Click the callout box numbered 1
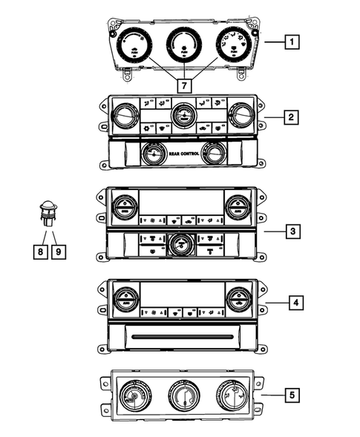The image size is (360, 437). pos(293,43)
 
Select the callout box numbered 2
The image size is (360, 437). pos(293,118)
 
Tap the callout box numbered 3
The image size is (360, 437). pos(293,232)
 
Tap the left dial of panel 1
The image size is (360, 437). pos(135,45)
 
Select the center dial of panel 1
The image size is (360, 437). pos(183,42)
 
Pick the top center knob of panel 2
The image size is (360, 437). pos(181,115)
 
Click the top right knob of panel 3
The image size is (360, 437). pos(238,206)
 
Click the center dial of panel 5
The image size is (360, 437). pos(181,395)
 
